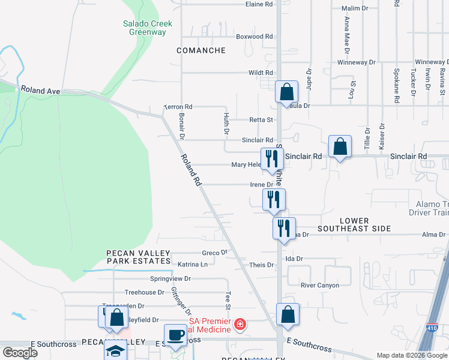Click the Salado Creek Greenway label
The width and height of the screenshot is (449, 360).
[x=148, y=28]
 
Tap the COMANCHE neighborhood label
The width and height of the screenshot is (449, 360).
[x=201, y=51]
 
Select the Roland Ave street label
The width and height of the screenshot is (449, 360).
[x=41, y=91]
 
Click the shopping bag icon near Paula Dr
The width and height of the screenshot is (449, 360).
[x=287, y=92]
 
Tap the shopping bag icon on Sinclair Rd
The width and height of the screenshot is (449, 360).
[x=340, y=146]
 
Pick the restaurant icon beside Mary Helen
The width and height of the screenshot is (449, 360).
[x=272, y=158]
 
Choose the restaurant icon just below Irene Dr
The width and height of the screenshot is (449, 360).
[x=274, y=199]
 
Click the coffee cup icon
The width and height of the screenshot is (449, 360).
[x=175, y=335]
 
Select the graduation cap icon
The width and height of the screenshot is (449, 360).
[x=115, y=352]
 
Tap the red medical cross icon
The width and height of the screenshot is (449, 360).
[x=240, y=325]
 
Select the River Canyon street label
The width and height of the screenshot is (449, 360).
[x=320, y=285]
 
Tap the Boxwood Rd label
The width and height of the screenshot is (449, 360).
[x=254, y=37]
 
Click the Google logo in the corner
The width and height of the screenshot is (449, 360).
[x=20, y=353]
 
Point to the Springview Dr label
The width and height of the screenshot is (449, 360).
[x=170, y=279]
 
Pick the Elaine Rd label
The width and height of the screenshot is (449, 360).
[x=259, y=4]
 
